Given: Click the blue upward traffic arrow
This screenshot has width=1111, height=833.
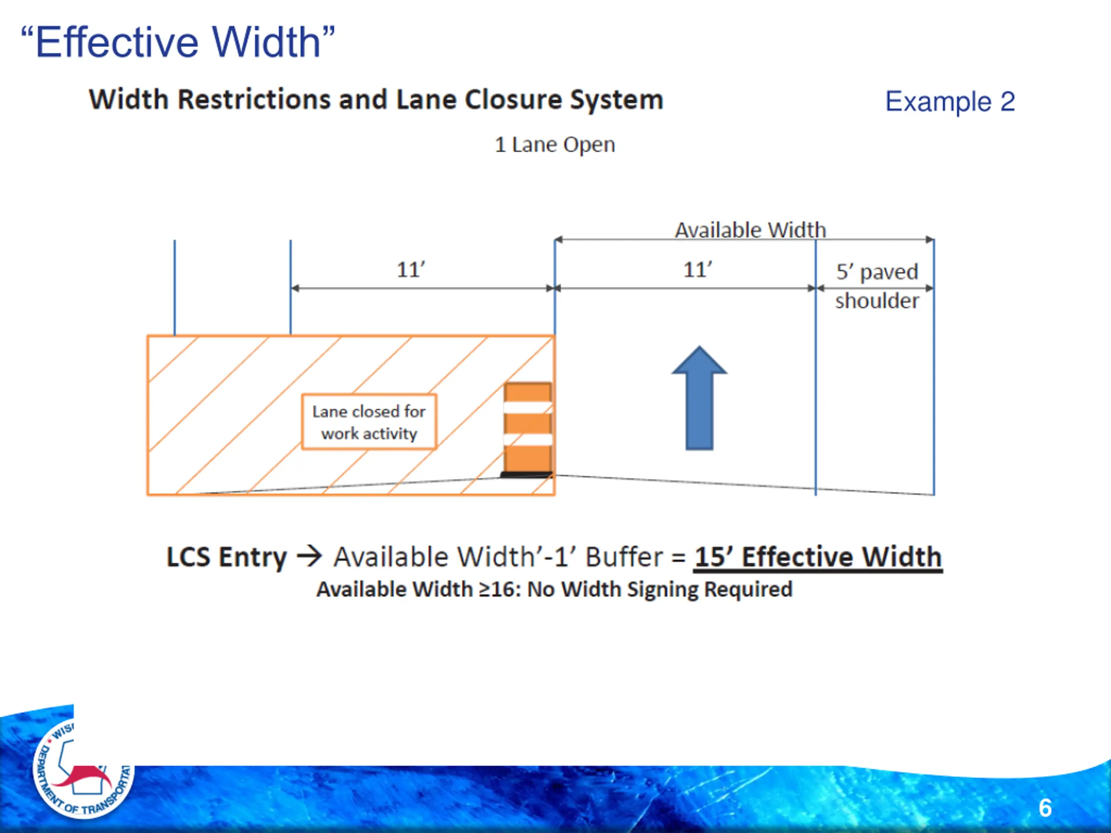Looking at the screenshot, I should pyautogui.click(x=699, y=402).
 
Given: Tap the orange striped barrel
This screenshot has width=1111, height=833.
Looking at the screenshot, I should pyautogui.click(x=528, y=430).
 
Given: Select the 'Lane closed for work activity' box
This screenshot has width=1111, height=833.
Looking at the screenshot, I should pyautogui.click(x=368, y=422).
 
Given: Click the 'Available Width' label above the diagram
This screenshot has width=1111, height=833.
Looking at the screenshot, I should pyautogui.click(x=750, y=230).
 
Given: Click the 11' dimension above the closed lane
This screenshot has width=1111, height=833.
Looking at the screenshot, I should pyautogui.click(x=411, y=269).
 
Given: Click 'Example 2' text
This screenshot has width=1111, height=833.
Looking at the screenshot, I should pyautogui.click(x=950, y=102).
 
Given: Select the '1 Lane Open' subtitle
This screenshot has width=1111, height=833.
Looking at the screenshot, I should pyautogui.click(x=555, y=144).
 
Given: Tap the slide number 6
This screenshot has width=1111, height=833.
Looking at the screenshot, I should pyautogui.click(x=1045, y=807).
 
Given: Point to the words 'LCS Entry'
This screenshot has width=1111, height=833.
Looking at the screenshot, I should pyautogui.click(x=226, y=557).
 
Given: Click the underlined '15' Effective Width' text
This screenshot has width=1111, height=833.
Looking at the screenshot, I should pyautogui.click(x=818, y=557).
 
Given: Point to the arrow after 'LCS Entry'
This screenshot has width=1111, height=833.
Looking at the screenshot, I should pyautogui.click(x=309, y=556).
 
